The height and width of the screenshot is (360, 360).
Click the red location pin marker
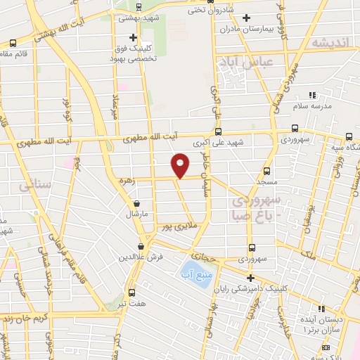click(180, 165)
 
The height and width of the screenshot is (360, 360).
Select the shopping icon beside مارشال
click(136, 202)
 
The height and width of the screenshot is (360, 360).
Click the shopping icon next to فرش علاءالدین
click(142, 247)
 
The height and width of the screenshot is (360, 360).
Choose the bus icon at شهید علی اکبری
click(219, 131)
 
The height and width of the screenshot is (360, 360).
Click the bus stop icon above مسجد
click(266, 171)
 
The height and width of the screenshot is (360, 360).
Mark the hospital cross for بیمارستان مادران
click(245, 18)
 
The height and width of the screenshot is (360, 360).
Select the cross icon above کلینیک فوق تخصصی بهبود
click(133, 37)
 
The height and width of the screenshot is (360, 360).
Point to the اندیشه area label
click(328, 43)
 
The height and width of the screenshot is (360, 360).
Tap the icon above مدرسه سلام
click(312, 94)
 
